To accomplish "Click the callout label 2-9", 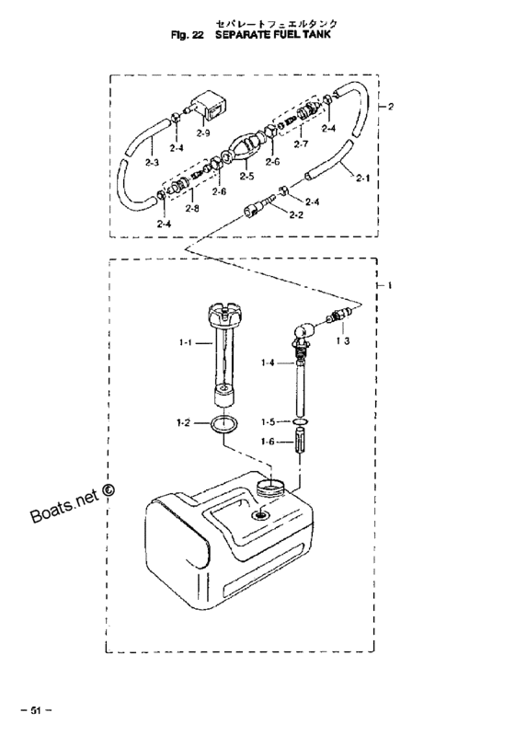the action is (x=203, y=133).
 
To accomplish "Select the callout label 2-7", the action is (x=301, y=144).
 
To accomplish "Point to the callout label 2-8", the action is (x=191, y=208).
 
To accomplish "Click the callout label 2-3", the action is (x=152, y=164).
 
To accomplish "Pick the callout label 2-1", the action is (x=362, y=178).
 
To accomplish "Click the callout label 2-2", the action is (x=296, y=215).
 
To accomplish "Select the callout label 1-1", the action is (x=186, y=343).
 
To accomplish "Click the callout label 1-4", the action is (x=268, y=362).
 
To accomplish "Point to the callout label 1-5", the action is (x=269, y=422).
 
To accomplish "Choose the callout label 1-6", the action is (x=269, y=442).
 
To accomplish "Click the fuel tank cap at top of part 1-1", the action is (x=224, y=315).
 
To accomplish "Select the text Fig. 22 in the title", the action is (x=188, y=34).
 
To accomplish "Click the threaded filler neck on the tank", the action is (x=270, y=487).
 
